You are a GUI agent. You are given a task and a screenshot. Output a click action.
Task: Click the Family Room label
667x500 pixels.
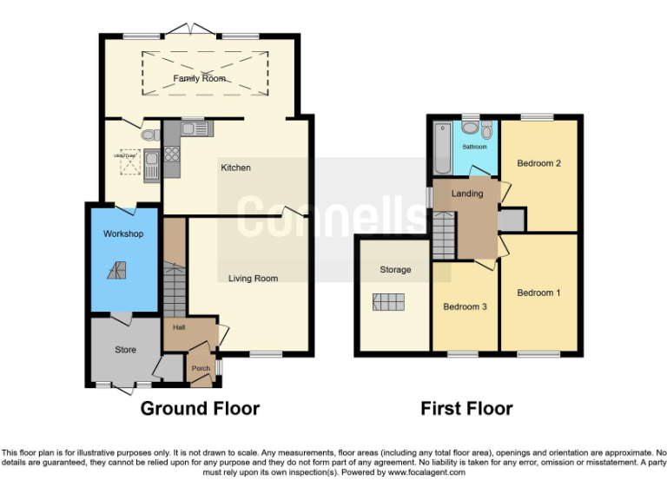coord(199,78)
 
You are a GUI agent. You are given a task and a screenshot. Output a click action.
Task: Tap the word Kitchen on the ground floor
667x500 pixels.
coord(235,168)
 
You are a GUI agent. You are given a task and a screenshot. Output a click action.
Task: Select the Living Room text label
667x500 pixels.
coord(253,279)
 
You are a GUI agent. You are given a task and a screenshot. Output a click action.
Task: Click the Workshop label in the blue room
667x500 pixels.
coord(122,234)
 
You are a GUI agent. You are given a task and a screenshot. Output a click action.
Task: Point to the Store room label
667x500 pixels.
coord(125,350)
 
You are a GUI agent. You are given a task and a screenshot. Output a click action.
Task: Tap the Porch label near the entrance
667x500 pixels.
coord(201,368)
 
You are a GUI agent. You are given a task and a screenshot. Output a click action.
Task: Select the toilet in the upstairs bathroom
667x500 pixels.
coord(486,131)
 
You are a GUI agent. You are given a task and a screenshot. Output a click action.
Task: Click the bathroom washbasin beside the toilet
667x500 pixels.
coord(470,129)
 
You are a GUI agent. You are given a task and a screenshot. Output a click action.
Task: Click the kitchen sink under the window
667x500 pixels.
coord(198,130)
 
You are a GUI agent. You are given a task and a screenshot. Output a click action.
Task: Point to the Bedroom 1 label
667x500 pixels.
coord(538,293)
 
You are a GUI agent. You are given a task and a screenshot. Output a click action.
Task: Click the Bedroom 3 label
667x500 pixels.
coord(465,306)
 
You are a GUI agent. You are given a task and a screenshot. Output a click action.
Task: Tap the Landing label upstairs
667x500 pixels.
coord(467,194)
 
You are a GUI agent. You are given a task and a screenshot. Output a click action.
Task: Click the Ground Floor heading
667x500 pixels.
coord(200,408)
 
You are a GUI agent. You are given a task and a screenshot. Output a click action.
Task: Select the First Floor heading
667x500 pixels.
coord(466,408)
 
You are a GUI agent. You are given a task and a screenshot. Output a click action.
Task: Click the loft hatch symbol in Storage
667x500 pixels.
coord(388,302)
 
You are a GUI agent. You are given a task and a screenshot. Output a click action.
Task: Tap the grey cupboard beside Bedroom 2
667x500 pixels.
coord(512,220)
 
